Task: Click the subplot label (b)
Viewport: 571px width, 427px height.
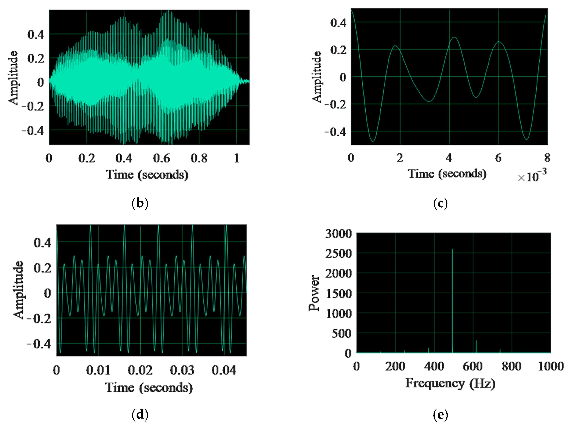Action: tap(140, 203)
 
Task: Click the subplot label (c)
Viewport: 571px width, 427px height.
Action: tap(440, 203)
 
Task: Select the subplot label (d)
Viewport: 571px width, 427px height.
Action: tap(140, 415)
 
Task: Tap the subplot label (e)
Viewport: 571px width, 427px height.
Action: tap(440, 415)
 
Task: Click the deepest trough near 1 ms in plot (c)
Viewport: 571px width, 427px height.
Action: tap(372, 141)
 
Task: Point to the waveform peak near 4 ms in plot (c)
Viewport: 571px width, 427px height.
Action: tap(454, 38)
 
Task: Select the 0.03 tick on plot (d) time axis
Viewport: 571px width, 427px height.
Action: tap(182, 370)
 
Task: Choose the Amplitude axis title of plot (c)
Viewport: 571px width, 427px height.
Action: tap(316, 77)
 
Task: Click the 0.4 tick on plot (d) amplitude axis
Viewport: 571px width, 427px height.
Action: tap(42, 243)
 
